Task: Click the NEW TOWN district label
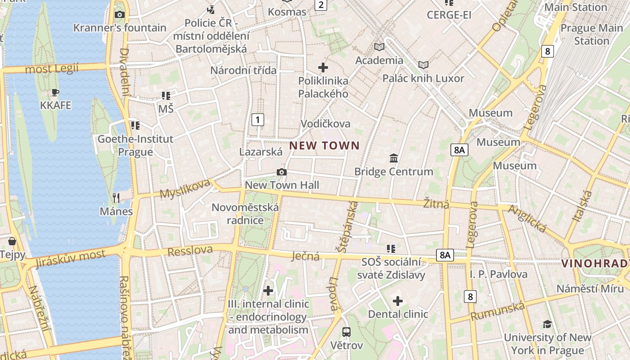click(324, 145)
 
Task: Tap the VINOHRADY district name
click(595, 264)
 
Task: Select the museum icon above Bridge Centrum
click(394, 158)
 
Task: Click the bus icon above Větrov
click(346, 332)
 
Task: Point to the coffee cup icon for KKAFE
click(55, 92)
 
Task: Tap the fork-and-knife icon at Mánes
click(116, 198)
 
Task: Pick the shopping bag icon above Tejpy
click(12, 241)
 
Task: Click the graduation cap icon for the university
click(547, 324)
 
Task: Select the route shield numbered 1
click(257, 120)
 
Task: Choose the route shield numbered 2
click(320, 5)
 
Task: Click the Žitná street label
click(436, 204)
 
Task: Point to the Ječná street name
click(306, 256)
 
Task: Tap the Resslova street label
click(190, 251)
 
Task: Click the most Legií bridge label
click(52, 69)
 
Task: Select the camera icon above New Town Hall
click(282, 172)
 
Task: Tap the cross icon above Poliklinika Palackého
click(323, 67)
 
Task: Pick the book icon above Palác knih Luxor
click(423, 65)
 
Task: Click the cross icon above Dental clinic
click(398, 301)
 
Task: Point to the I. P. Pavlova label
click(499, 274)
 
